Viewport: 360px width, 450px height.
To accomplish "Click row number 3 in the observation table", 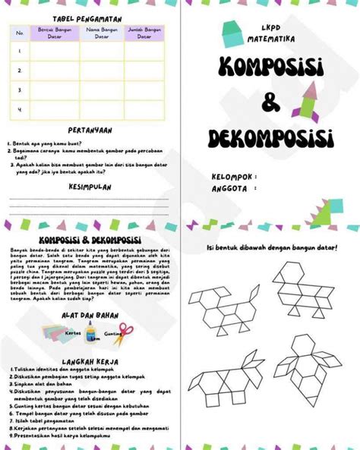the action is pyautogui.click(x=19, y=90).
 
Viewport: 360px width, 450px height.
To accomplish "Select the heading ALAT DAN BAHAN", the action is pyautogui.click(x=90, y=314).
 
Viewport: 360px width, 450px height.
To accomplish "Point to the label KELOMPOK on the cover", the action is pyautogui.click(x=232, y=176).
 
